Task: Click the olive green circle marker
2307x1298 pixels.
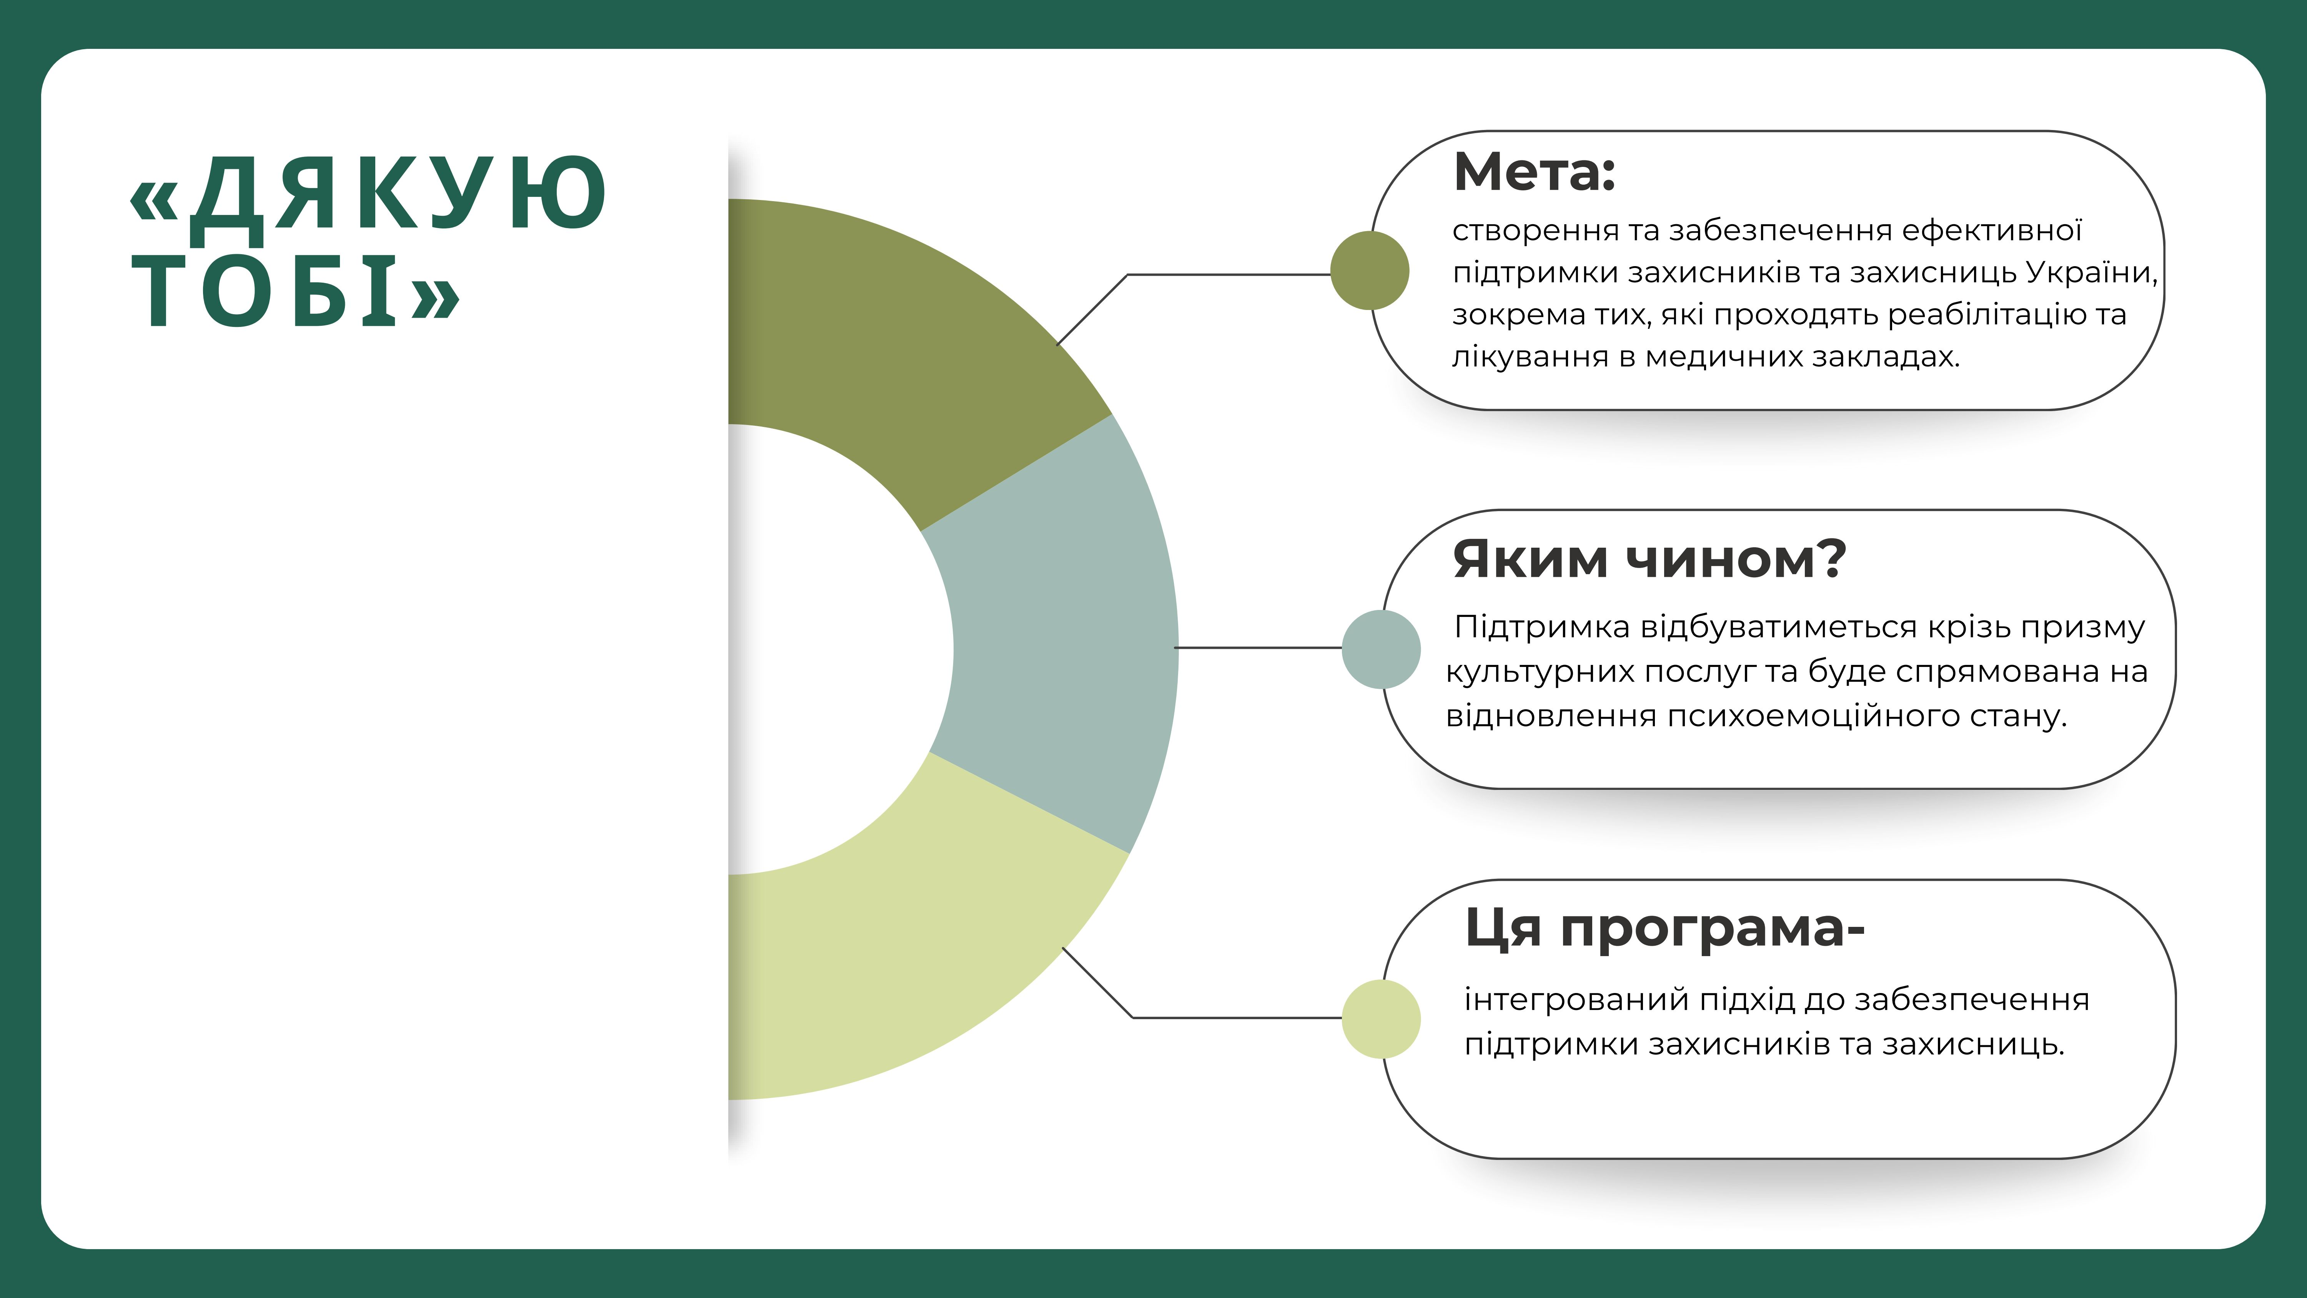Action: coord(1369,270)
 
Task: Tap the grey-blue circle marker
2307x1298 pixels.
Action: coord(1381,650)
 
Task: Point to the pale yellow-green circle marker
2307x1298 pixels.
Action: coord(1381,1020)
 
